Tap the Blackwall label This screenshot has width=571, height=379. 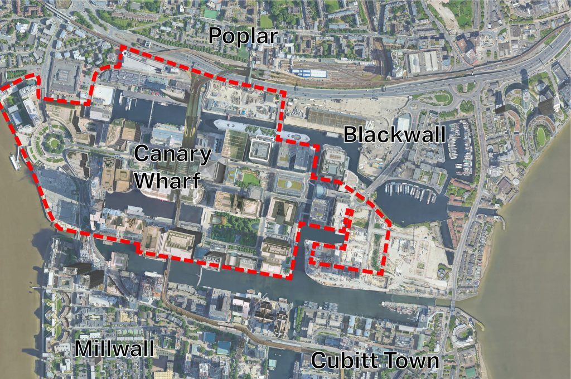394,134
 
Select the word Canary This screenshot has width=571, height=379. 173,154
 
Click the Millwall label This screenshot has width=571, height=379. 114,349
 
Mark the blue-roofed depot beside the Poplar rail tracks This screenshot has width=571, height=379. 309,73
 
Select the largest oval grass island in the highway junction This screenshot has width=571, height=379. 441,98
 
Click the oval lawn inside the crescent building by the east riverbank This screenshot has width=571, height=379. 540,135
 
